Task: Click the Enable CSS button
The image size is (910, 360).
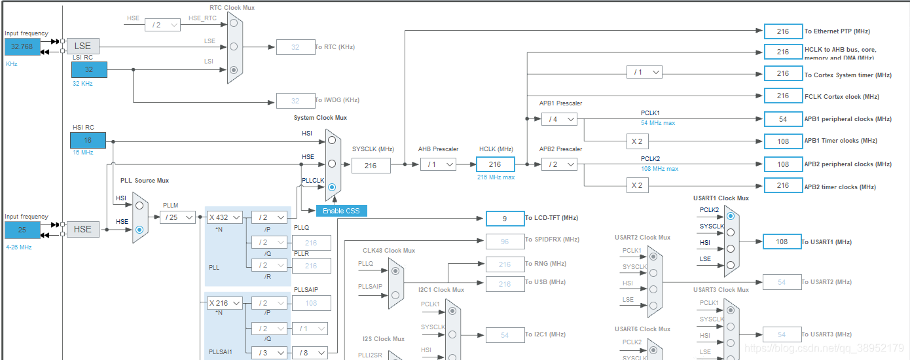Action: click(x=341, y=211)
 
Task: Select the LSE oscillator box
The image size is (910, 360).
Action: click(x=83, y=46)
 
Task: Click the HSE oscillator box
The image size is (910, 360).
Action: click(x=83, y=229)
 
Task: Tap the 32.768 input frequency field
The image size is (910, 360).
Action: click(x=22, y=46)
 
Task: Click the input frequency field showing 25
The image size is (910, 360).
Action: click(x=22, y=230)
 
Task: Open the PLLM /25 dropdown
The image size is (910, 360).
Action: click(x=177, y=217)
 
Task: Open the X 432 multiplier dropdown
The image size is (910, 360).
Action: click(x=225, y=217)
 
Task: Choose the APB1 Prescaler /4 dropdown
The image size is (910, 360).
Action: click(x=559, y=118)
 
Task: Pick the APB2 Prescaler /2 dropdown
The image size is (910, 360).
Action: click(x=559, y=164)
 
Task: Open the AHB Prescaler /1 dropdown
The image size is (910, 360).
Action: click(x=438, y=164)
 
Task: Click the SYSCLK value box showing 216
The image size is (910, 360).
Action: click(x=371, y=166)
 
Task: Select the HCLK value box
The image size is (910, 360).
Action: click(x=495, y=164)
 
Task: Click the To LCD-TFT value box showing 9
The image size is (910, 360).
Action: click(x=504, y=218)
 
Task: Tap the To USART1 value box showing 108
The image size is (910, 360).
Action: click(x=782, y=242)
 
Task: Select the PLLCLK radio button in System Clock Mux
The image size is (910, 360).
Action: click(x=332, y=187)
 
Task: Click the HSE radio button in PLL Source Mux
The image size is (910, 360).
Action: click(x=139, y=230)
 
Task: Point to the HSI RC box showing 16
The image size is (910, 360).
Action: click(x=88, y=140)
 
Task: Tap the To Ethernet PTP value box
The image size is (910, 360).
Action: click(x=783, y=31)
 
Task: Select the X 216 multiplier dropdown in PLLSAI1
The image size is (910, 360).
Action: click(x=225, y=303)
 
